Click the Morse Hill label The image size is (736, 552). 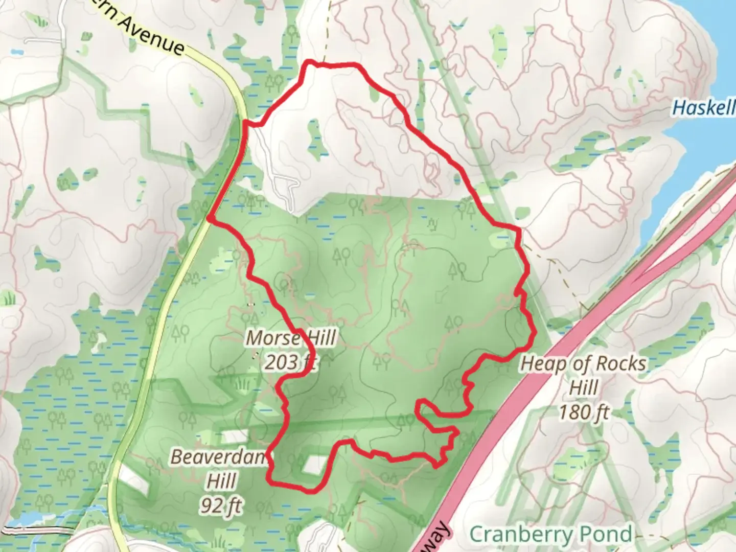click(291, 338)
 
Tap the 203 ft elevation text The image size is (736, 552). click(290, 362)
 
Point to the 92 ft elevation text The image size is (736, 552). click(221, 506)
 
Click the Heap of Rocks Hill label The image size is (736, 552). click(583, 364)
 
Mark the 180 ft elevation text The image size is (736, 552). click(584, 411)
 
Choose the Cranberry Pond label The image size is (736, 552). click(550, 535)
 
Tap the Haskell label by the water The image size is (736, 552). click(703, 108)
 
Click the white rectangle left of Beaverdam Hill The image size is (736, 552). click(133, 480)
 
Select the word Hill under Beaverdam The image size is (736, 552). click(221, 481)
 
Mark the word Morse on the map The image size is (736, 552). click(272, 338)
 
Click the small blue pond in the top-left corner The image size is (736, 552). click(17, 52)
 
